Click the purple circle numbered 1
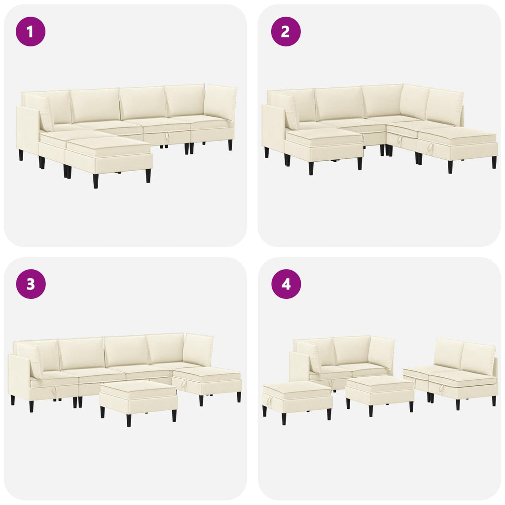[x=31, y=32]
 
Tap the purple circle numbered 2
[x=286, y=32]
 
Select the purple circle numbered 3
[x=31, y=284]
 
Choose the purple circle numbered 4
[x=286, y=284]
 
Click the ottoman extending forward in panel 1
[x=109, y=158]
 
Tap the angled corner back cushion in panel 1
[x=220, y=103]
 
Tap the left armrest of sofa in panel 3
[x=19, y=378]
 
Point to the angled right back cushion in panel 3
[x=199, y=350]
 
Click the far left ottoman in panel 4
[x=297, y=401]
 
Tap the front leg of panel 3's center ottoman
[x=129, y=420]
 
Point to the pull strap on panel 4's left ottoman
[x=266, y=401]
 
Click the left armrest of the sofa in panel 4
[x=299, y=366]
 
